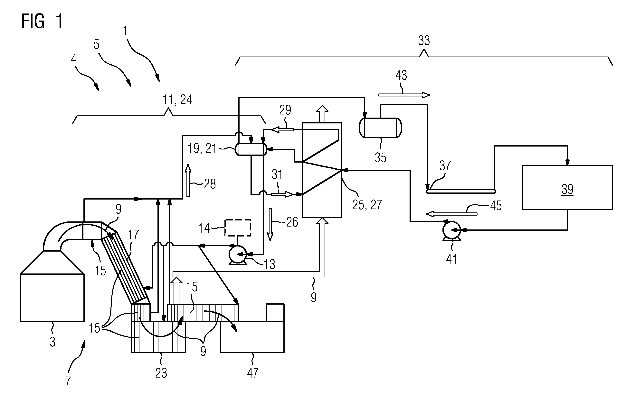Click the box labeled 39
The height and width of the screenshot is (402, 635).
coord(567,187)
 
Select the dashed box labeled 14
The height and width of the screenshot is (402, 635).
coord(238,228)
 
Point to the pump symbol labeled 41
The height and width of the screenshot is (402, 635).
coord(452,230)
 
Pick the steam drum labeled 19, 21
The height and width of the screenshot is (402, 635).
coord(251,149)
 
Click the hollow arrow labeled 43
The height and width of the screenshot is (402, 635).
coord(404,95)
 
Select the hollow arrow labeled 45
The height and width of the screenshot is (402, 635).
coord(451,214)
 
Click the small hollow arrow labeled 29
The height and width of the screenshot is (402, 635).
coord(282,129)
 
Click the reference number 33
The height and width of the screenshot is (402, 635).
coord(424,40)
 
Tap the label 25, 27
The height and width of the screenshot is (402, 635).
coord(367,205)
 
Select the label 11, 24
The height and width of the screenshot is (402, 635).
coord(177,100)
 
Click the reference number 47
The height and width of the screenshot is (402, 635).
coord(253,373)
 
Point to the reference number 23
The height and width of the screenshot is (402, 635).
coord(161,373)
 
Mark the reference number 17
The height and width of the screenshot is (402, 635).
coord(133,235)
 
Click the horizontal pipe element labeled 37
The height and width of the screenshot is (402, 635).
coord(461,192)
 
